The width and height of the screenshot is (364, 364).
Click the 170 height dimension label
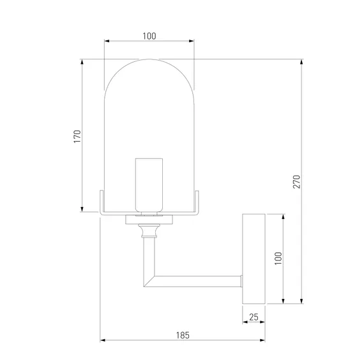coord(77,136)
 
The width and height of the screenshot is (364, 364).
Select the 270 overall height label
coord(297,181)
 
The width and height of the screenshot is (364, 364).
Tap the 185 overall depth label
coord(183,335)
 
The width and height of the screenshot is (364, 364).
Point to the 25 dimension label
coord(254,317)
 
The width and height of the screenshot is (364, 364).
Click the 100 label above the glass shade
coord(149,36)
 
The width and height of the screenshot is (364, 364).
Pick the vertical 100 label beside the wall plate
coord(278,258)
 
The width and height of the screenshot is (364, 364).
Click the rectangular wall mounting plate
coord(254,259)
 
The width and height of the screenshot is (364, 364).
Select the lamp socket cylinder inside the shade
coord(149,185)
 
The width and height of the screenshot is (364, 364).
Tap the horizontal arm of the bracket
coord(197,282)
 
